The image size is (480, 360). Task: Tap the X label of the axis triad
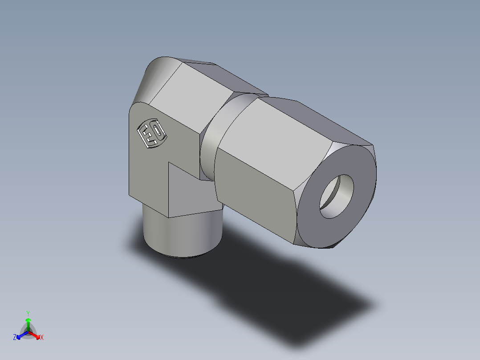tap(41, 338)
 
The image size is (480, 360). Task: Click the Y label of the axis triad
tap(28, 313)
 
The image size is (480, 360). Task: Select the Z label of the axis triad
tap(15, 337)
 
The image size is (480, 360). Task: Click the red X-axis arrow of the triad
tap(35, 335)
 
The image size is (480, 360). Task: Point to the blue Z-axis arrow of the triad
tap(21, 335)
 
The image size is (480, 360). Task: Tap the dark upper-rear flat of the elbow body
tap(223, 76)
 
